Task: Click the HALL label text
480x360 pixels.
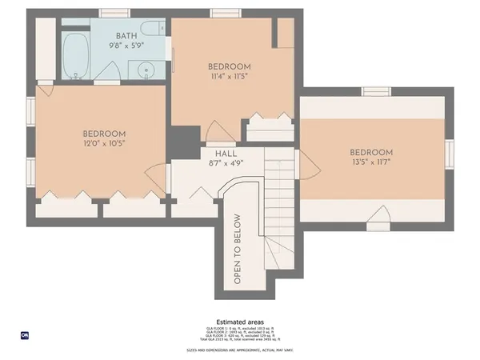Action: (226, 154)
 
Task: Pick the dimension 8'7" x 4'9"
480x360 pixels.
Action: (226, 163)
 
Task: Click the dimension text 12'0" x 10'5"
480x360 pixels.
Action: (105, 143)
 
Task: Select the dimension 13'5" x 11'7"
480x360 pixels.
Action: (371, 162)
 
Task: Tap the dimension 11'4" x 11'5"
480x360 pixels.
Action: (230, 77)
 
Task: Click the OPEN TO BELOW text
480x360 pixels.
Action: (238, 249)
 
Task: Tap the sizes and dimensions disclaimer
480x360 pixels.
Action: (240, 350)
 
